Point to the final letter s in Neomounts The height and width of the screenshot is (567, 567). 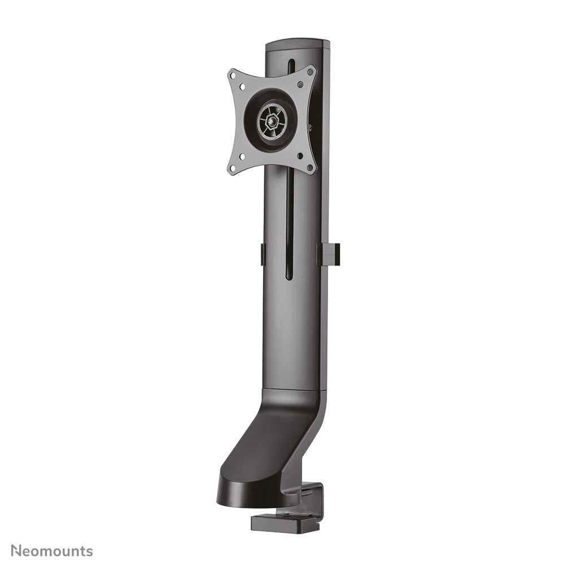(90, 552)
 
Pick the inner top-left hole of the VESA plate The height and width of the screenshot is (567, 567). (243, 88)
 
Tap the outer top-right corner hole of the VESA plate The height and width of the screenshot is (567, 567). (310, 72)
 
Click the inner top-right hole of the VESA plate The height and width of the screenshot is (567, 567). (300, 84)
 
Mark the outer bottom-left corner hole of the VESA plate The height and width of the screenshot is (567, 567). (233, 167)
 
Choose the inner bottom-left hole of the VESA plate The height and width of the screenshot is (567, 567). (242, 157)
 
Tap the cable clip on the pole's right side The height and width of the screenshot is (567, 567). (328, 254)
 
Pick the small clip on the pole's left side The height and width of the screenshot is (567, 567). (263, 254)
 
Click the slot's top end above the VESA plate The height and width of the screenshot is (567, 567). (291, 62)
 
